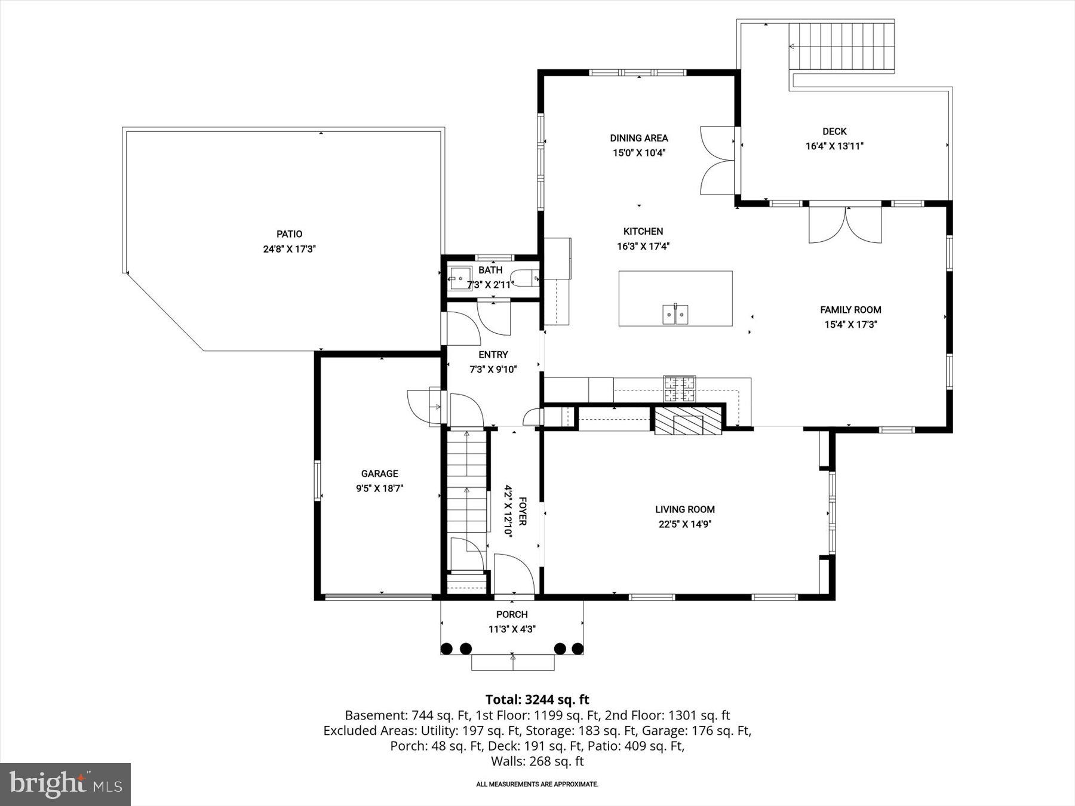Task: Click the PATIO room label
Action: coord(289,234)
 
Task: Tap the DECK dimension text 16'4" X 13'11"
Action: coord(834,146)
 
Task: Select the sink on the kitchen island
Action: coord(675,314)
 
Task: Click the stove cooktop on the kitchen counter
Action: coord(680,389)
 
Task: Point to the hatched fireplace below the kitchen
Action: coord(688,421)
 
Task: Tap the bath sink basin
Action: coord(460,277)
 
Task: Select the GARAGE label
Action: coord(379,473)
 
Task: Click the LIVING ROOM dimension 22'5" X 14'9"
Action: coord(684,524)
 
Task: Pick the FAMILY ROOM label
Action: coord(850,309)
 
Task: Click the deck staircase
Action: coord(842,47)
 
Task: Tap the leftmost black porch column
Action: coord(446,648)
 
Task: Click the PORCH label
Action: coord(512,614)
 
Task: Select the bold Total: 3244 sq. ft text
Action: coord(537,699)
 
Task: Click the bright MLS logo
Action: coord(65,784)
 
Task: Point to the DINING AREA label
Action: coord(638,138)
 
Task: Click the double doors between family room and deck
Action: coord(845,224)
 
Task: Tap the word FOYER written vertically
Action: coord(522,511)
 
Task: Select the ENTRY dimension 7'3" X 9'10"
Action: coord(493,370)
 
